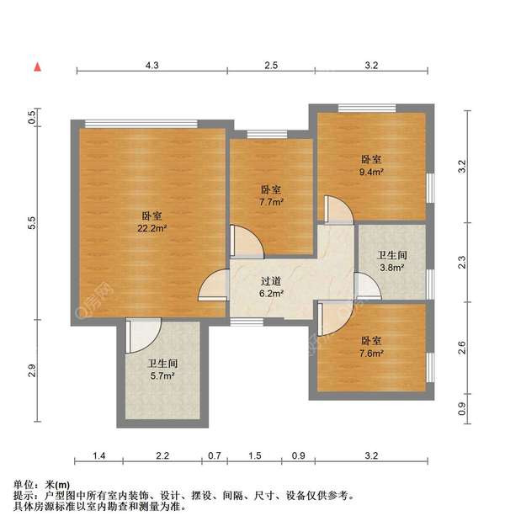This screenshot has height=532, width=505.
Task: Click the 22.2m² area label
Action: pos(152,228)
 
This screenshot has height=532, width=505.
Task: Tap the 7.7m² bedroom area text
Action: pos(271,202)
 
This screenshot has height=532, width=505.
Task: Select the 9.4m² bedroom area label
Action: pos(371,172)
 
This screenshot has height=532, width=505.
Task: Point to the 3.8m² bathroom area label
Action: pos(392,268)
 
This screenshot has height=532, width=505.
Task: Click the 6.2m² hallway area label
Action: pos(271,295)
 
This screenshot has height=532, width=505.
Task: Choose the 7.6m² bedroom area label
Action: pos(371,354)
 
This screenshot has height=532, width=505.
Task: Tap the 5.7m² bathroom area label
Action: pos(162,375)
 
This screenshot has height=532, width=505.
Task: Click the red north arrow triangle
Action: pos(37,65)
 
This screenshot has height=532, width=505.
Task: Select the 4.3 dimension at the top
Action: pos(152,65)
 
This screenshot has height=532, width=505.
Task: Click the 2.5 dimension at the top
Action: pos(271,65)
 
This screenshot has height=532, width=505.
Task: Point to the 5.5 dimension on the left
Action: pos(32,223)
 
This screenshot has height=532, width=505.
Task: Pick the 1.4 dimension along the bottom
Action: pos(99,455)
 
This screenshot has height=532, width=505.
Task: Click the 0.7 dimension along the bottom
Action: pos(215,455)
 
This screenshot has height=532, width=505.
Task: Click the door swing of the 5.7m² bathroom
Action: pos(144,335)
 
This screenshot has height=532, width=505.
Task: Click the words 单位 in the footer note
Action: pos(24,486)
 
